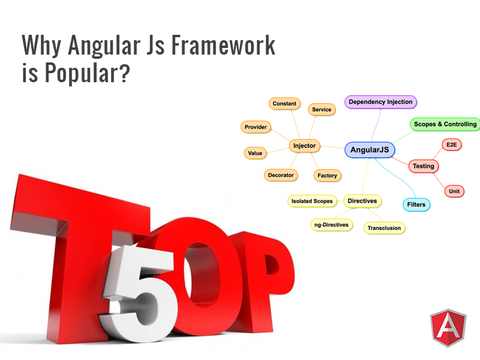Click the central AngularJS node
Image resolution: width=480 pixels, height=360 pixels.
coord(370,150)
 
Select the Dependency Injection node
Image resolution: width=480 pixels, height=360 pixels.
coord(380,102)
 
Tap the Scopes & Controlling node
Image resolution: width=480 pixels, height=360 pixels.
coord(445,124)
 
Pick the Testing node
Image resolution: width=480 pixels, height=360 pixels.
coord(424,166)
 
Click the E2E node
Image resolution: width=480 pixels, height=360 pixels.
coord(450,145)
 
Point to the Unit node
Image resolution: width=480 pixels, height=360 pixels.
coord(454,191)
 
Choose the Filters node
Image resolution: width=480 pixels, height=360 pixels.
coord(416,205)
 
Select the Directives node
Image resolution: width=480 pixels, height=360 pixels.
coord(362,201)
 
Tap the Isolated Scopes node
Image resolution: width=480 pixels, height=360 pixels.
coord(311,201)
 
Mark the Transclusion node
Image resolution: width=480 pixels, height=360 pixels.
coord(384,228)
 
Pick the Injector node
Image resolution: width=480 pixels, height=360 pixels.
coord(305,145)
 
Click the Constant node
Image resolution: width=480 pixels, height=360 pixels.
coord(284,103)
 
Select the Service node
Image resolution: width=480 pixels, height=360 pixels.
coord(322,109)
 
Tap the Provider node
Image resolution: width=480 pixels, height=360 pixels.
coord(256,127)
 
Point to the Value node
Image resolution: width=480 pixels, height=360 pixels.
coord(255,153)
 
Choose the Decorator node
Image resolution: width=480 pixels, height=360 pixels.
coord(281,175)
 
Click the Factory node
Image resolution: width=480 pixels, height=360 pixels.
coord(328,176)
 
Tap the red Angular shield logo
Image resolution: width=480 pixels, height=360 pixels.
coord(448,331)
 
